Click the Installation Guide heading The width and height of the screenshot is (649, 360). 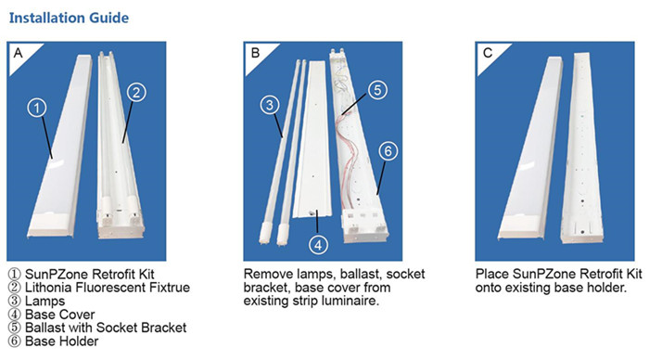[69, 18]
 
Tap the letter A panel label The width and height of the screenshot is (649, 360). [18, 53]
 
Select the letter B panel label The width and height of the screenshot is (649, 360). [255, 53]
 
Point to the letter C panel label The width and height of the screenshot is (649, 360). [488, 53]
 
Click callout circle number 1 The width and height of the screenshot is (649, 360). [37, 108]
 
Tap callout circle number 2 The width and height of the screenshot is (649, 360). [136, 92]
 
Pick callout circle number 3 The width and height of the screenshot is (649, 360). [270, 105]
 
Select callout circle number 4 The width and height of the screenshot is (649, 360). [318, 245]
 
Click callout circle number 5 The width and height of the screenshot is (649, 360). [377, 90]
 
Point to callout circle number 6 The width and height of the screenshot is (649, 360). [388, 151]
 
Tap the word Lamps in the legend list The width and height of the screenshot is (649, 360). [45, 302]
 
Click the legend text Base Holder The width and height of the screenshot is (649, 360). [62, 341]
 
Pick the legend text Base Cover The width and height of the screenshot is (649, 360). [60, 315]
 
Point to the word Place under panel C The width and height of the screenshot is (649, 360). [492, 274]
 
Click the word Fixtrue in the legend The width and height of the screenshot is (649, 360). [167, 288]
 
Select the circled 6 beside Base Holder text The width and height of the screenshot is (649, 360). [15, 341]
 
